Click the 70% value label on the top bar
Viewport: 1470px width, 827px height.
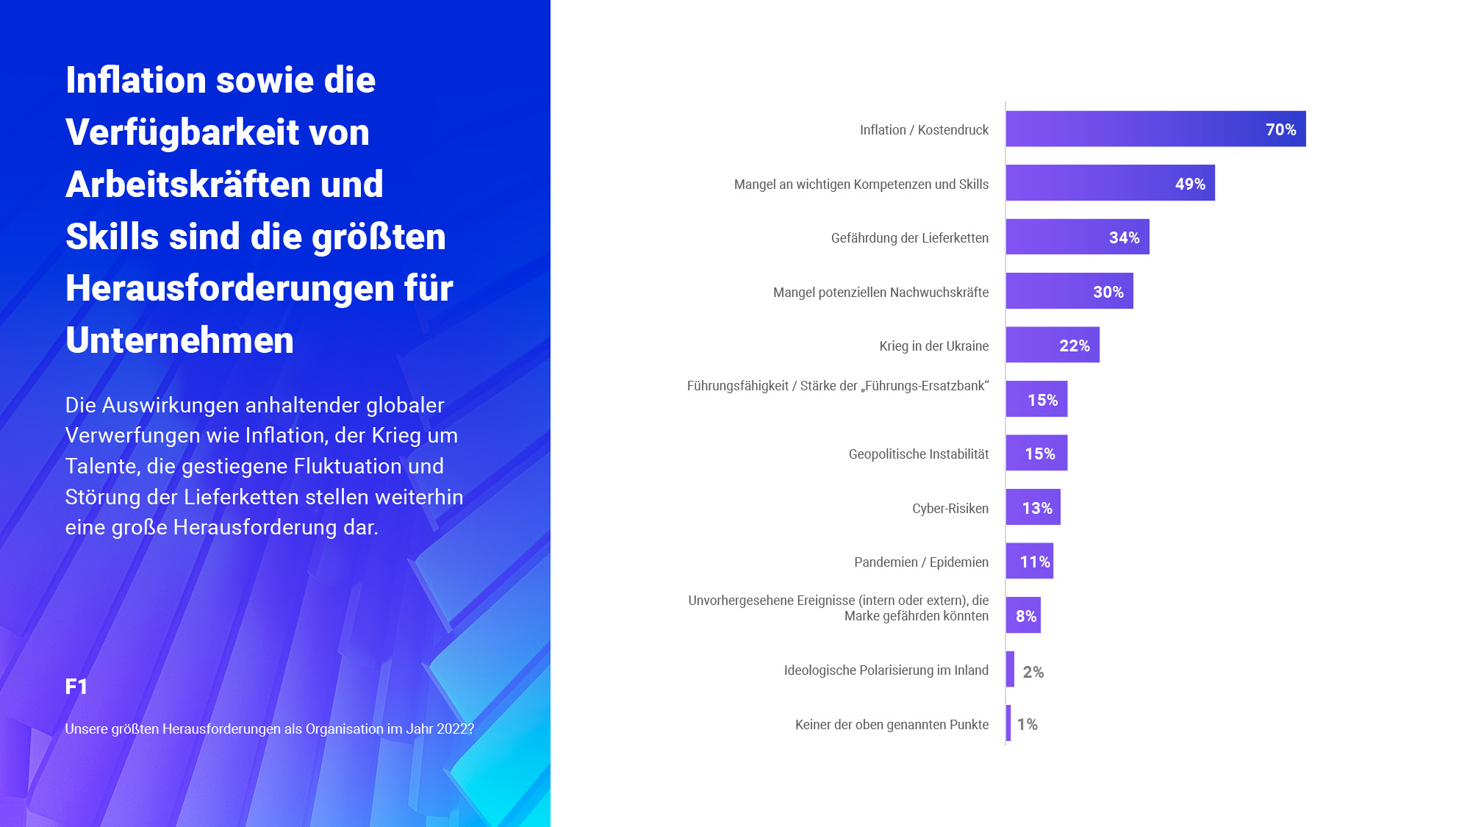pos(1280,129)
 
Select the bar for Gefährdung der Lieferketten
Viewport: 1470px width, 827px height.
pos(1077,237)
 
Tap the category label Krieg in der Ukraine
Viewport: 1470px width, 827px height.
pos(933,346)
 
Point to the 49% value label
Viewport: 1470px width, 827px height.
pos(1189,184)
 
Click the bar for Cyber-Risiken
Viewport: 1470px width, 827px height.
pos(1033,507)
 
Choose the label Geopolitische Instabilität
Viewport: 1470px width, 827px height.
pos(918,454)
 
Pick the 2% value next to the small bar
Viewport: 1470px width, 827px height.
pos(1033,671)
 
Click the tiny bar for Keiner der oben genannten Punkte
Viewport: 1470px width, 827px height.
pos(1008,723)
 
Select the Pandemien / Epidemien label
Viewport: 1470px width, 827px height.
pos(921,562)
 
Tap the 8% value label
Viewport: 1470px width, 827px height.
pos(1025,616)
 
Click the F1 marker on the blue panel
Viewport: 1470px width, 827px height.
pos(76,687)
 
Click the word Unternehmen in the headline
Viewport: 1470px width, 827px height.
pos(179,340)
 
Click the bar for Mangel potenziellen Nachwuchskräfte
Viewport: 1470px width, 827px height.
pos(1069,291)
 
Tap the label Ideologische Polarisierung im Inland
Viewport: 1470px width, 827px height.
pos(886,670)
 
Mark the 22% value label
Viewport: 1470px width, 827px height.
pos(1074,346)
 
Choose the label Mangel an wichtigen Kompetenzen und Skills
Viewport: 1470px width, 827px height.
pos(861,184)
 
